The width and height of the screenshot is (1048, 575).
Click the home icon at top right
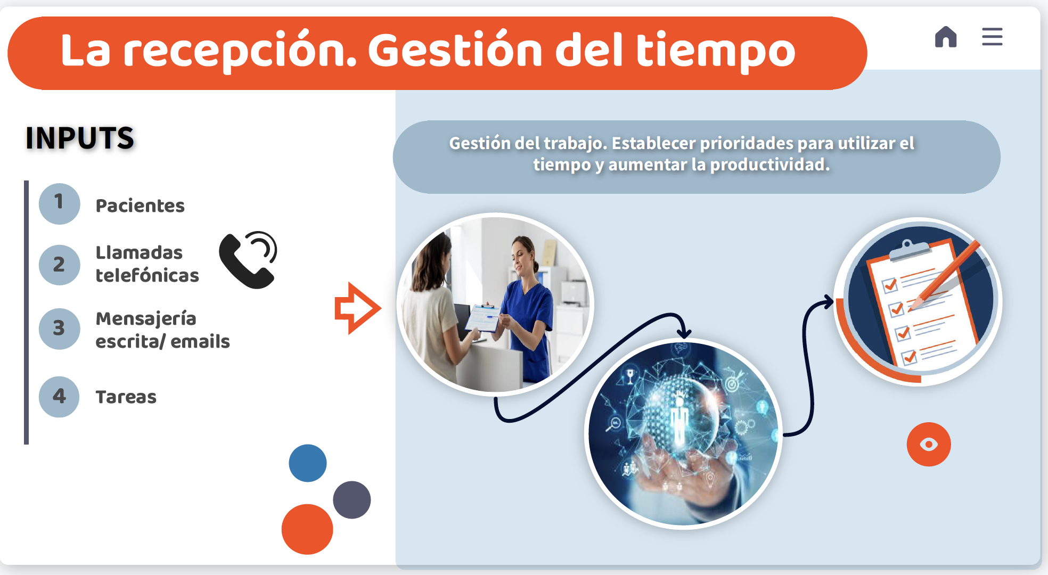tap(946, 37)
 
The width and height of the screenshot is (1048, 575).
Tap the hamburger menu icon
tap(992, 37)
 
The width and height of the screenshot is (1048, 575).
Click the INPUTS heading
tap(80, 138)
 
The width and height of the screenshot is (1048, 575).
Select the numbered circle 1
tap(59, 203)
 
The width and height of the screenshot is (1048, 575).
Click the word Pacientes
tap(140, 206)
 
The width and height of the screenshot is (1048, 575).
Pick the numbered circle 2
tap(59, 265)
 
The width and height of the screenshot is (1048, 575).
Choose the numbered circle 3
tap(59, 328)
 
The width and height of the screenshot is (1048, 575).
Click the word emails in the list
tap(200, 341)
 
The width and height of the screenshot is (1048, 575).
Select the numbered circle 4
tap(59, 397)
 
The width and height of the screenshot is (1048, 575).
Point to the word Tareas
tap(126, 397)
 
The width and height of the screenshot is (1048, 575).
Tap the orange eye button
tap(929, 444)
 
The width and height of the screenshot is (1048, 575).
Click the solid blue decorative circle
tap(308, 463)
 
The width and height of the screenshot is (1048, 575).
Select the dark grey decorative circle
tap(351, 499)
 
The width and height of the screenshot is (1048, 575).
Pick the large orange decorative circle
tap(307, 529)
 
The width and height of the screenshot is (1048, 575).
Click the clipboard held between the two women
tap(483, 318)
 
